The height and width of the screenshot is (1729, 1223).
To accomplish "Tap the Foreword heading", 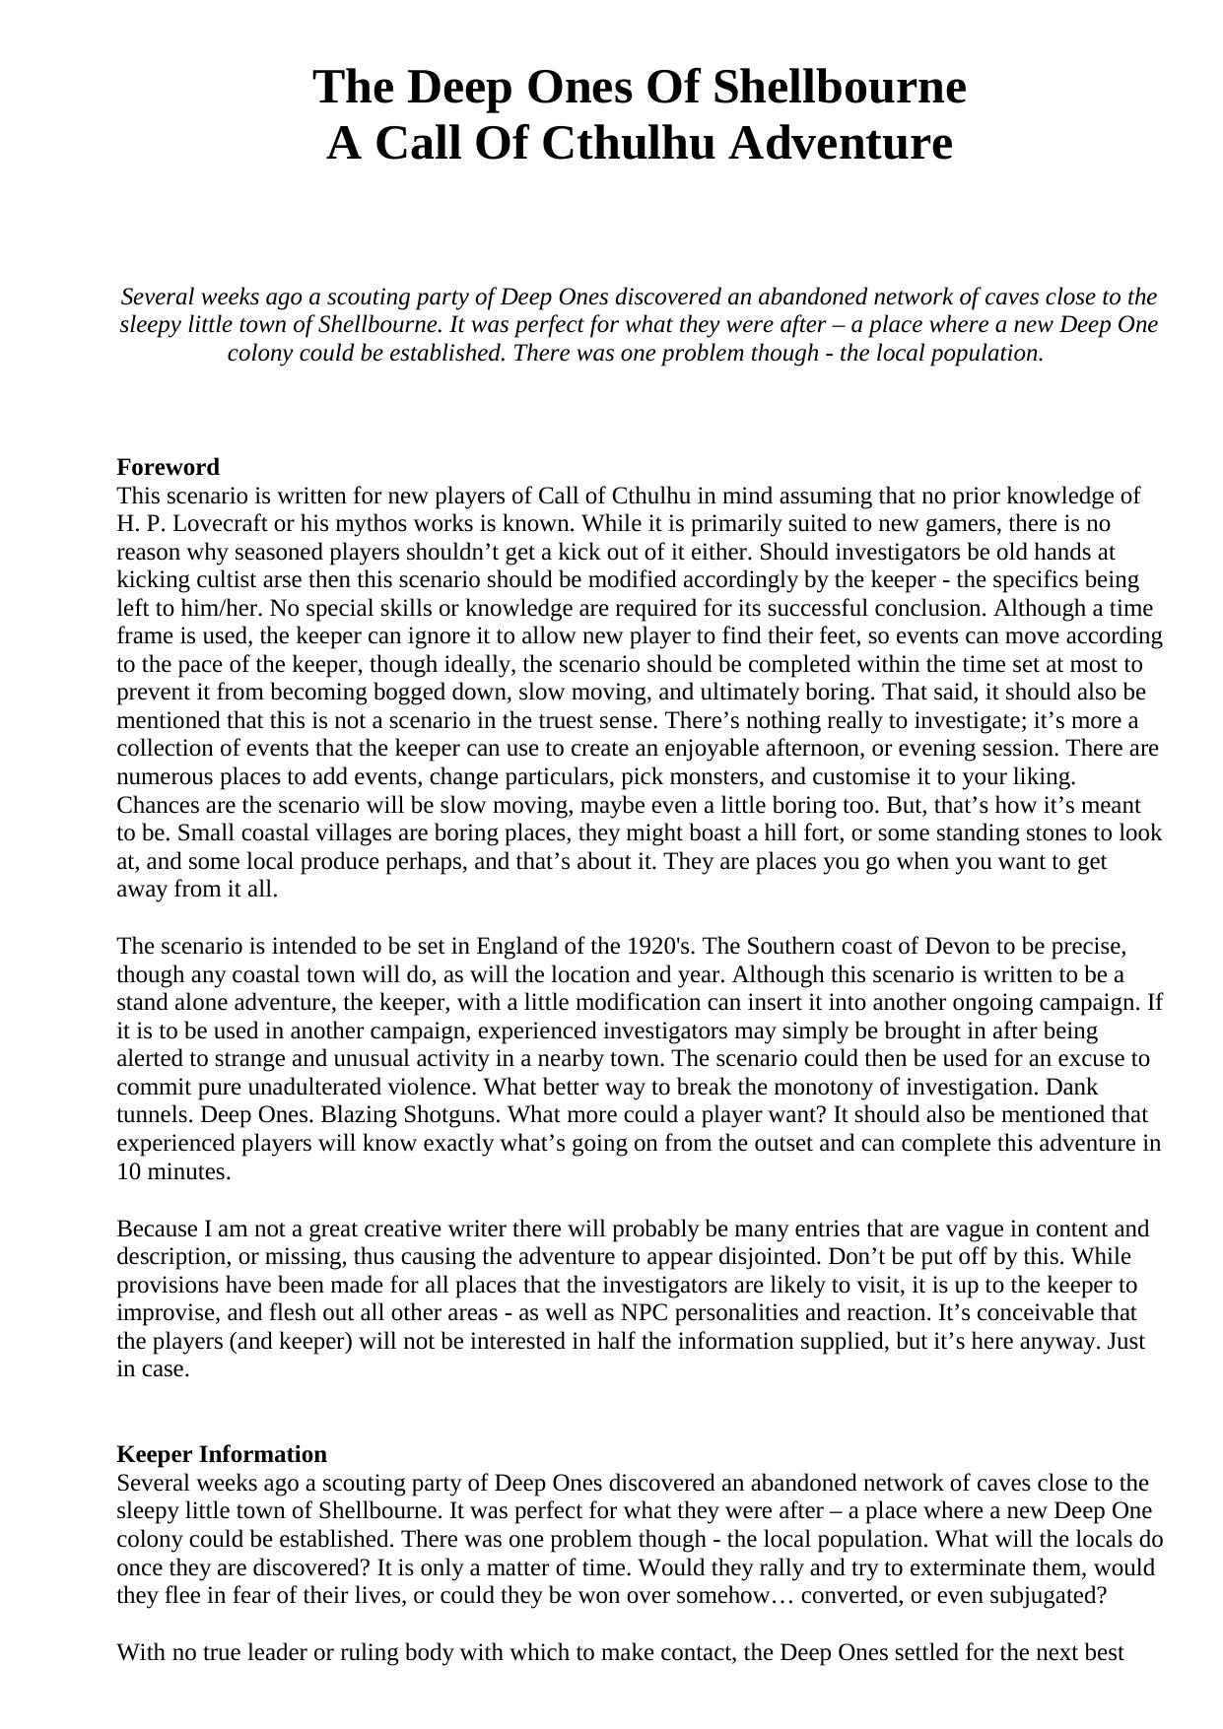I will [168, 467].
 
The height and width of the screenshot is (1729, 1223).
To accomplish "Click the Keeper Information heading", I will [222, 1455].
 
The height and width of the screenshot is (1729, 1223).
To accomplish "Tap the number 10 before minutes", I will [129, 1172].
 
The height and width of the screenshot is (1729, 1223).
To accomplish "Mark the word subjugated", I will [1054, 1596].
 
